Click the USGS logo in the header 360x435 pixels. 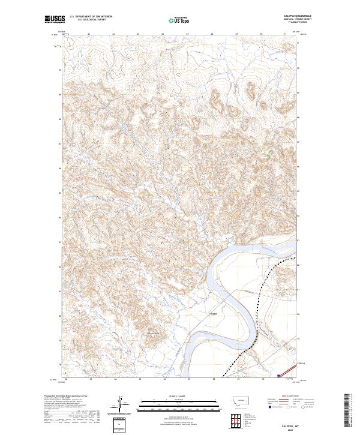55,20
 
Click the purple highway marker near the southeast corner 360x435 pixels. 280,376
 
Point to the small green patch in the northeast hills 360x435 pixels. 268,155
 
